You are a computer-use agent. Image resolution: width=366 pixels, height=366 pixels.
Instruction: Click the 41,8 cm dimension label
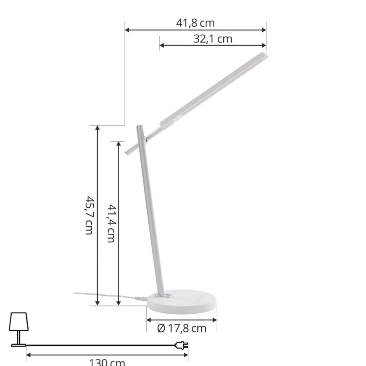pyautogui.click(x=195, y=23)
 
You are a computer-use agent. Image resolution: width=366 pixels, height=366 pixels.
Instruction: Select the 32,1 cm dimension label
pyautogui.click(x=213, y=39)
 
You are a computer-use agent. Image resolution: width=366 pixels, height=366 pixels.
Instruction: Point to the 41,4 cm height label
pyautogui.click(x=110, y=223)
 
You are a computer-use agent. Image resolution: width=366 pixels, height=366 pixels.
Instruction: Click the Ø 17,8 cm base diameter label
pyautogui.click(x=182, y=328)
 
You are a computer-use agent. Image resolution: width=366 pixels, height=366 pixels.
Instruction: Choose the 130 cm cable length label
pyautogui.click(x=107, y=362)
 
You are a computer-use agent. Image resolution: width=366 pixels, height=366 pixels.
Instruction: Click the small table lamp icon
pyautogui.click(x=18, y=328)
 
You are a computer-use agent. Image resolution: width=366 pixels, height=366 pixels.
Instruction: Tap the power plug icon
pyautogui.click(x=181, y=345)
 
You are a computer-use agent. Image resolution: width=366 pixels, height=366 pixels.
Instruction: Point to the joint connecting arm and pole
pyautogui.click(x=145, y=140)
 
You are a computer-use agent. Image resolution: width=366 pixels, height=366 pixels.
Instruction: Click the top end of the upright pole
pyautogui.click(x=139, y=126)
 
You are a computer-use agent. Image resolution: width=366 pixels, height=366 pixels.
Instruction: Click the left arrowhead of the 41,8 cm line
pyautogui.click(x=127, y=30)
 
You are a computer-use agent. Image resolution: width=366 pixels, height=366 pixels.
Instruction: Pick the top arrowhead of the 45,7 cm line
pyautogui.click(x=98, y=128)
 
